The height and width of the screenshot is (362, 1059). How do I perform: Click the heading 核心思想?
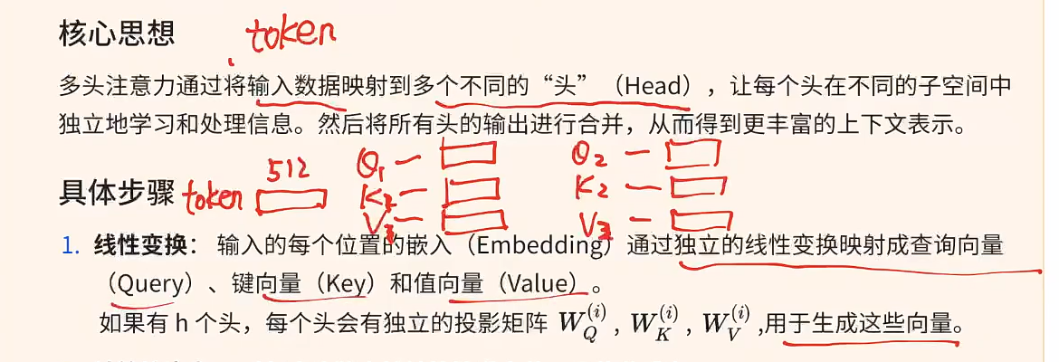118,34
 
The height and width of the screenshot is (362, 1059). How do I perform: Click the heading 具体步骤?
118,193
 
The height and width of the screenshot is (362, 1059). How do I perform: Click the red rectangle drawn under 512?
291,198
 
